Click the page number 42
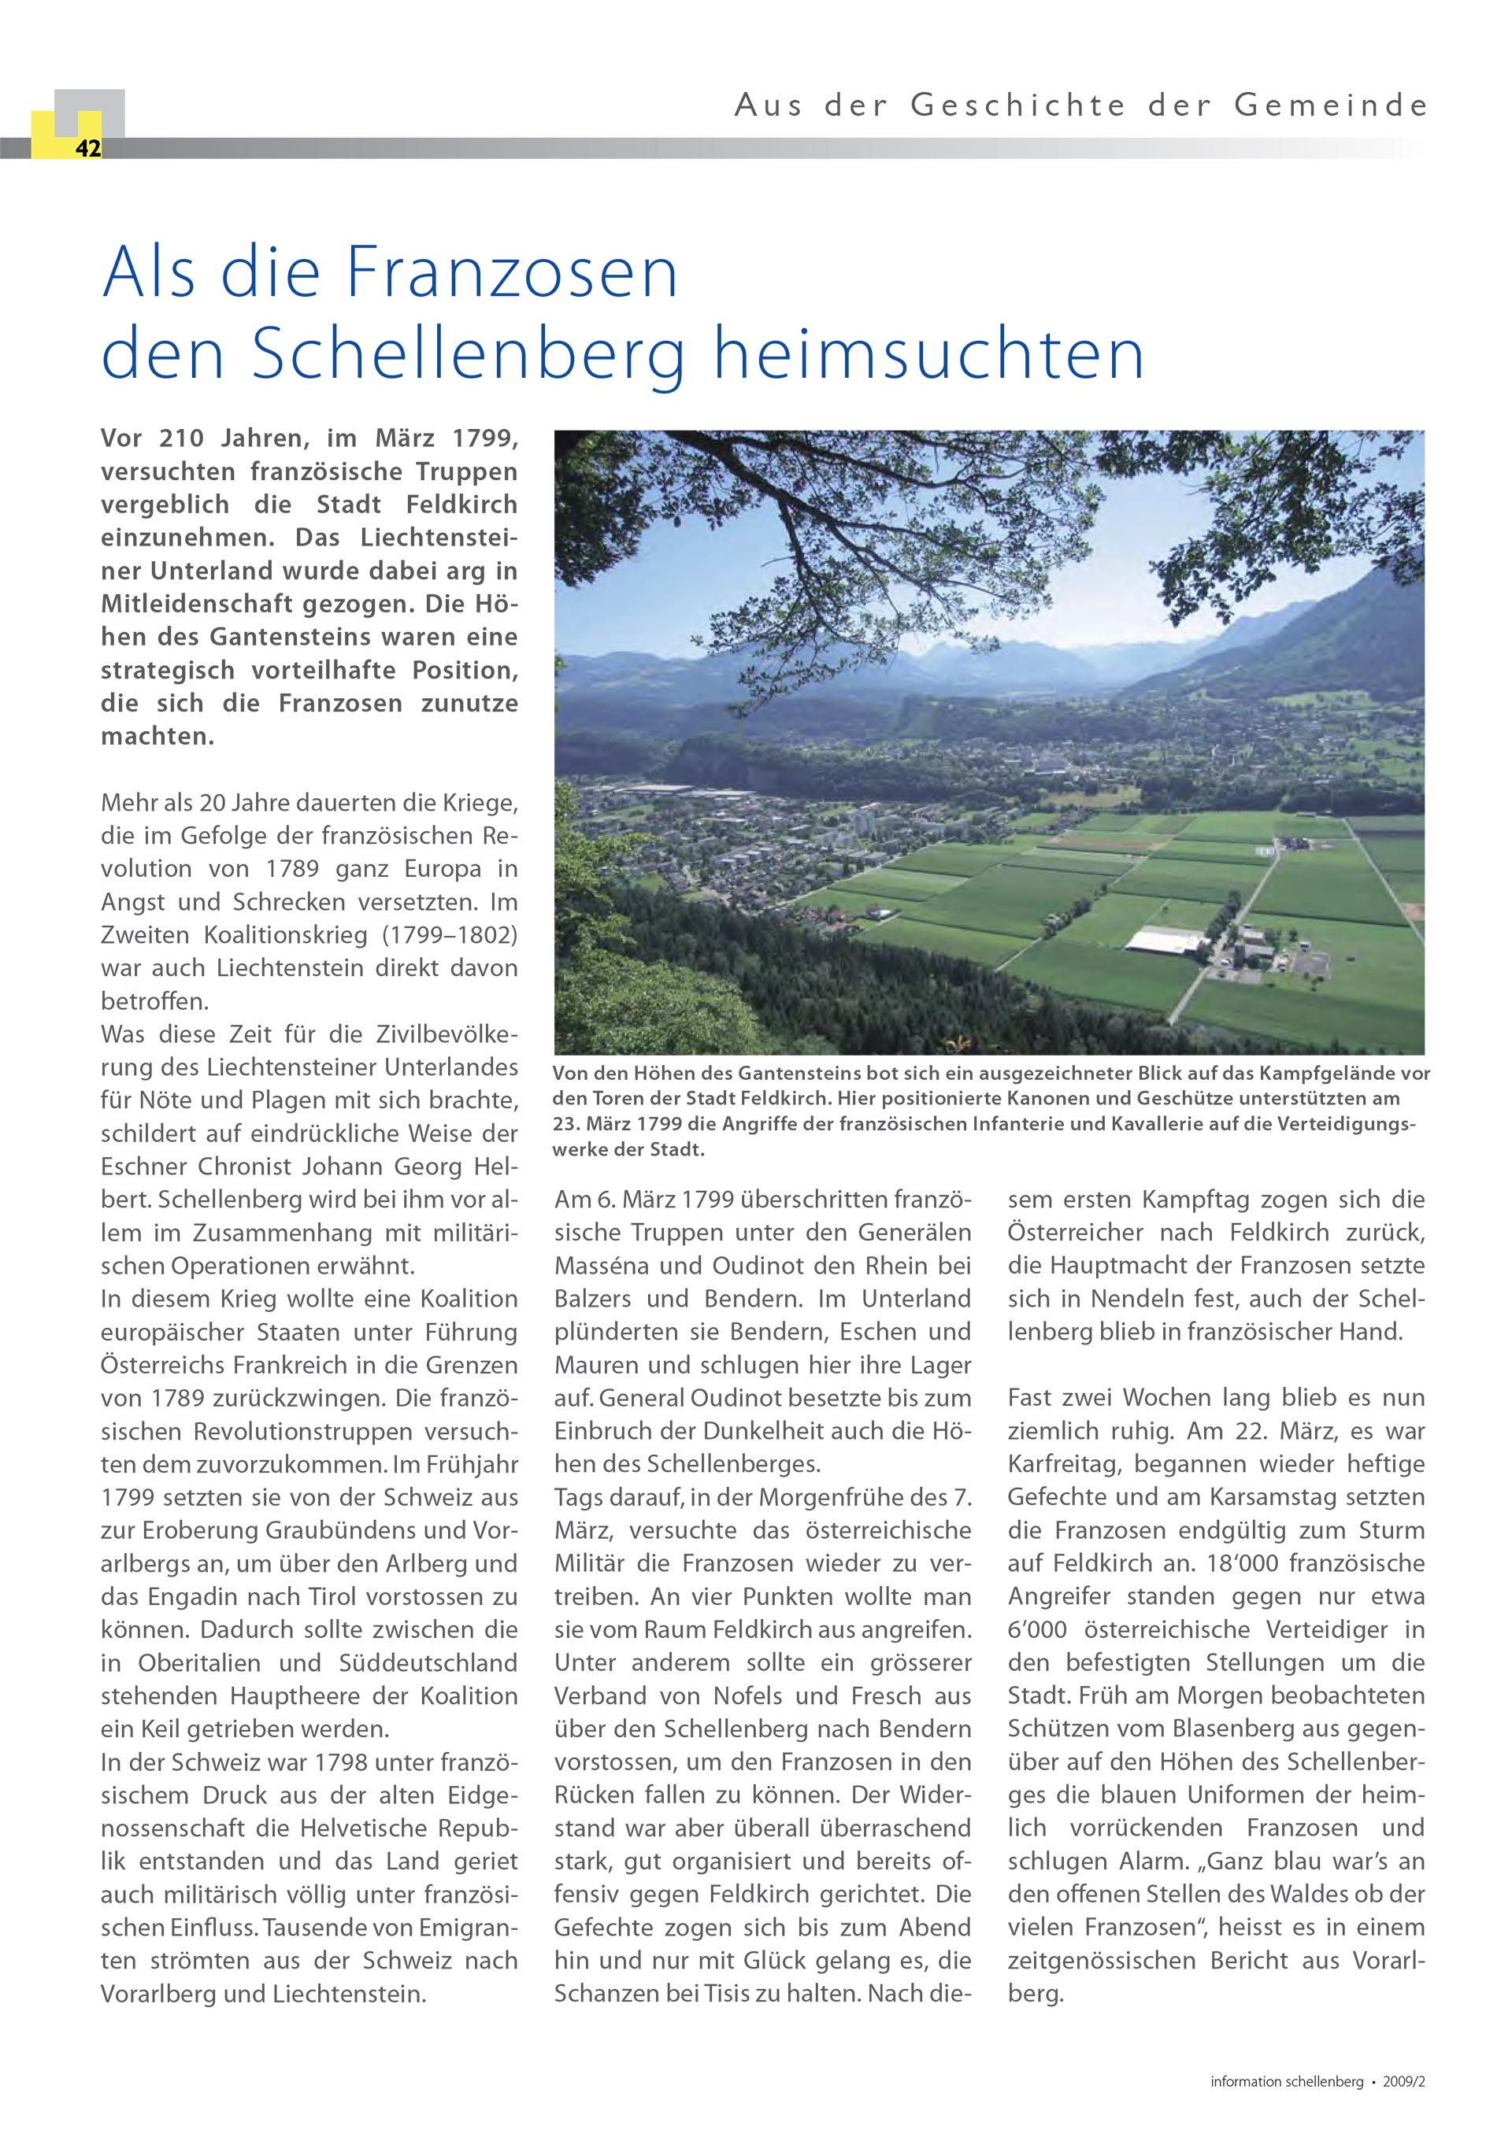88,149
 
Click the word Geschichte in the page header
1018,106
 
